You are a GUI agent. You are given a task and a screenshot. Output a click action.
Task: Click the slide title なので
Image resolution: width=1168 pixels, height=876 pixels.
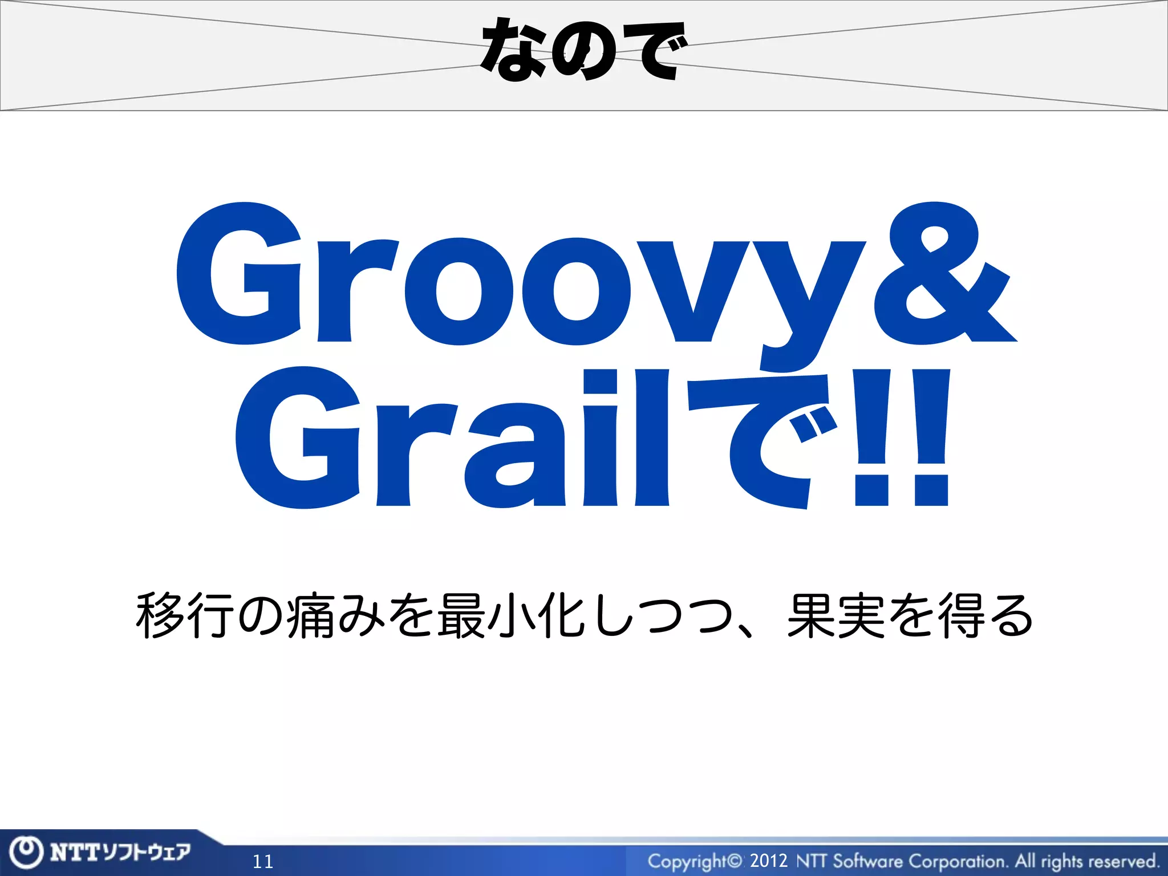[583, 50]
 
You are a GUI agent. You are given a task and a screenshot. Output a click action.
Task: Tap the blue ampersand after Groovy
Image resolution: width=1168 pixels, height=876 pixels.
[944, 274]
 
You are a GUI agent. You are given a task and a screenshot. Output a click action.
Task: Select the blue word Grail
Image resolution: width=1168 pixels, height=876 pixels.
[451, 439]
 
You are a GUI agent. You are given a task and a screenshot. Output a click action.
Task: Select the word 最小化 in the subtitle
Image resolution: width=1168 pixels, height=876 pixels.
[511, 616]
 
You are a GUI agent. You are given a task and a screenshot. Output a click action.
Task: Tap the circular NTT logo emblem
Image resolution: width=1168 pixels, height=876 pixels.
[26, 853]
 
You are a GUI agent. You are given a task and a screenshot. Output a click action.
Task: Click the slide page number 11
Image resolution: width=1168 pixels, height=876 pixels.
[263, 861]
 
